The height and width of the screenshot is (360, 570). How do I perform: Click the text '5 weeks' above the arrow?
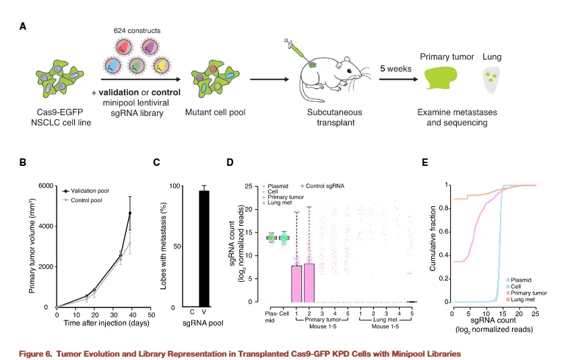click(x=393, y=69)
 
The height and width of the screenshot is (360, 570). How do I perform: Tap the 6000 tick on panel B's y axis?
click(x=45, y=186)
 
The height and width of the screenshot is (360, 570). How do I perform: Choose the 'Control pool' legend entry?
click(x=88, y=200)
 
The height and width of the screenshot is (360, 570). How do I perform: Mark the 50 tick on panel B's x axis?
click(x=152, y=315)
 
